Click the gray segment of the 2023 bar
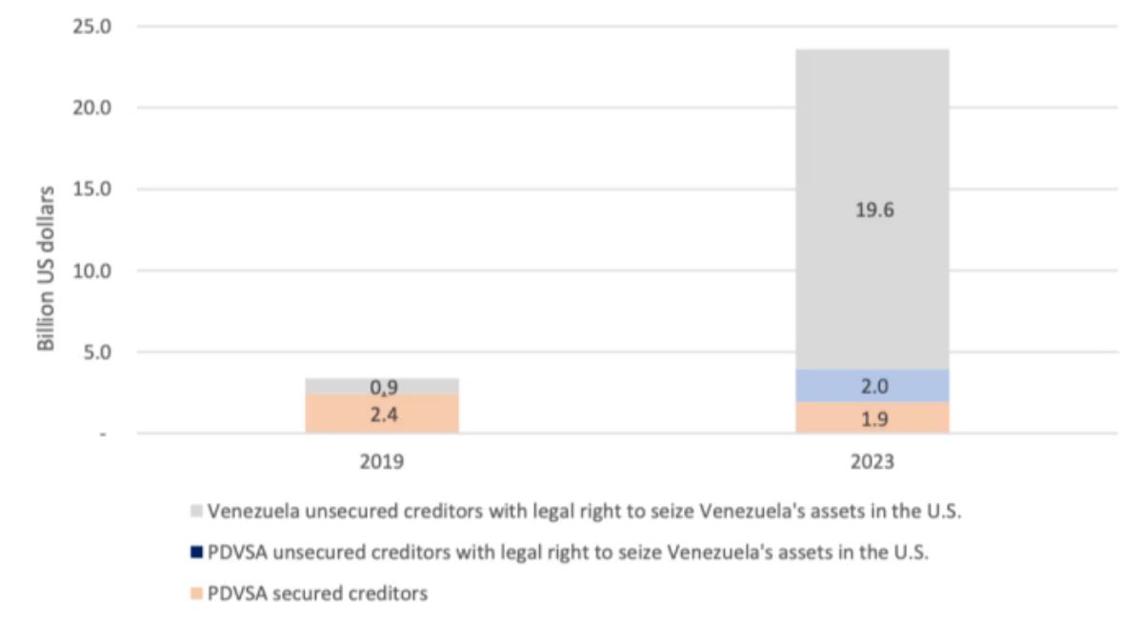coord(872,143)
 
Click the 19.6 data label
coord(872,211)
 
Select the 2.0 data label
coord(872,386)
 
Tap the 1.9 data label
coord(872,417)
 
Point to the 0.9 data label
coord(382,388)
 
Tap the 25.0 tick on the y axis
coord(92,26)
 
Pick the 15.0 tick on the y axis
coord(92,189)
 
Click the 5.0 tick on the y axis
coord(96,352)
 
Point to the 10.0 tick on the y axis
coord(92,271)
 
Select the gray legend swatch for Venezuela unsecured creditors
coord(196,512)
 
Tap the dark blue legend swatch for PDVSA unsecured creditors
coord(196,553)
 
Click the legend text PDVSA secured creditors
coord(318,593)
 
